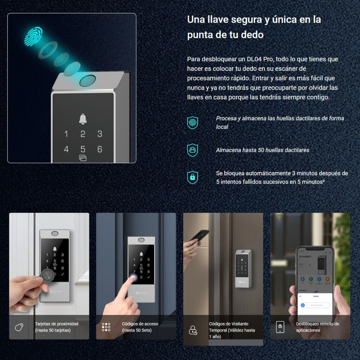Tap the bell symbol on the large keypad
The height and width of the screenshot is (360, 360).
click(83, 119)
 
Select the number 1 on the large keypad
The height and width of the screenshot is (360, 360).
click(66, 134)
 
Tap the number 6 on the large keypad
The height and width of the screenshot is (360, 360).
click(100, 149)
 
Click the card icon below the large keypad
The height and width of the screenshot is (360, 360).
click(83, 158)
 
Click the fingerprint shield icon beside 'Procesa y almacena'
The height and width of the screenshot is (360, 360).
click(193, 122)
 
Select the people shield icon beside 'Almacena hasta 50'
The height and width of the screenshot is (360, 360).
click(193, 150)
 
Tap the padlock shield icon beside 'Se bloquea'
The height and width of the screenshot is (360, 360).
click(193, 177)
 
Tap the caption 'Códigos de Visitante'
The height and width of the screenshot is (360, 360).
click(229, 324)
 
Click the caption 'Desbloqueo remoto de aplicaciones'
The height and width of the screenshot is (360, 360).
click(317, 327)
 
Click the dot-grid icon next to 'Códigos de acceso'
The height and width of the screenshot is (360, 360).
click(106, 327)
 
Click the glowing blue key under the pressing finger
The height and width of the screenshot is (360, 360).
click(133, 277)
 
